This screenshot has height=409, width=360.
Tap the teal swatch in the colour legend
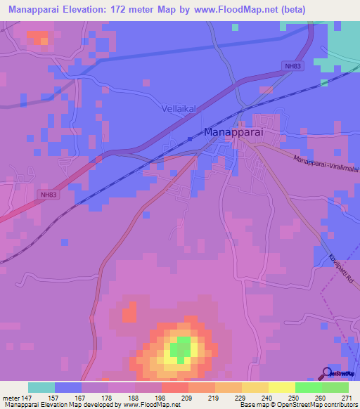(x=41, y=387)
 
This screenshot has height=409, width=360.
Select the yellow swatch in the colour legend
(x=282, y=387)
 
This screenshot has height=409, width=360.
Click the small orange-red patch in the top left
(x=37, y=37)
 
